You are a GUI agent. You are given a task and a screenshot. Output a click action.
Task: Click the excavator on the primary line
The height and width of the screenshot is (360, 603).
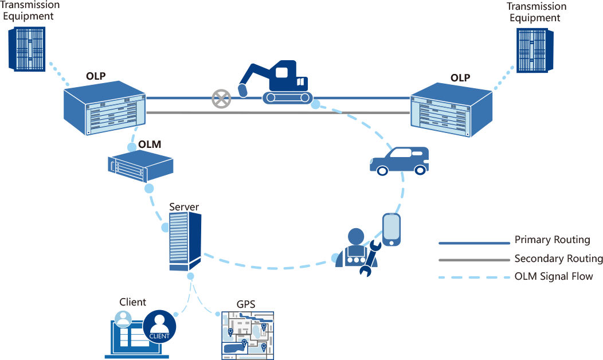[x=279, y=83]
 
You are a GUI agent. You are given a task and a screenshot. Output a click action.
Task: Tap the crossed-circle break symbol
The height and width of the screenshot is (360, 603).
[x=220, y=99]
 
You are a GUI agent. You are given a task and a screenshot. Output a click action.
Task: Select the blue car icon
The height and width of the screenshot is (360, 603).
[x=400, y=161]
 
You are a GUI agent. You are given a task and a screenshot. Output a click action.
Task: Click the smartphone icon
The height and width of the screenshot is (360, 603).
[x=391, y=229]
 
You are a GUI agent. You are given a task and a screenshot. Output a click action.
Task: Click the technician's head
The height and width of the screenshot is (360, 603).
[x=356, y=236]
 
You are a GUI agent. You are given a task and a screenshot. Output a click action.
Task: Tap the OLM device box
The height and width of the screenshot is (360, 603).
[x=140, y=166]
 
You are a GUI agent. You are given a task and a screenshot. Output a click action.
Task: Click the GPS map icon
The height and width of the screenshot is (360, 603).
[x=248, y=335]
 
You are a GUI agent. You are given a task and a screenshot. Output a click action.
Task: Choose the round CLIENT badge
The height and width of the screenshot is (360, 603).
[x=159, y=326]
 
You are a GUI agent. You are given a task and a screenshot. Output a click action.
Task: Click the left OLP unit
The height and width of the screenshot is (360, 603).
[x=105, y=108]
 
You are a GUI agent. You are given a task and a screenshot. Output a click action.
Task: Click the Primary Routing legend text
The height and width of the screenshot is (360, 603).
[x=551, y=240]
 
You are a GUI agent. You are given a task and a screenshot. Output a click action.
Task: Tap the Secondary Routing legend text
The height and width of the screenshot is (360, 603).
[x=558, y=259]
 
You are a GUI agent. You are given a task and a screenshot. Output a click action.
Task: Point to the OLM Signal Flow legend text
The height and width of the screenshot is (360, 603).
[x=553, y=277]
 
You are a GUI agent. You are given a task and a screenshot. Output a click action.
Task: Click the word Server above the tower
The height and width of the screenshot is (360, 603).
[x=184, y=206]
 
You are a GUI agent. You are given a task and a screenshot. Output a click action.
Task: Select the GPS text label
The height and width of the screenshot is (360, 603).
[x=245, y=304]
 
